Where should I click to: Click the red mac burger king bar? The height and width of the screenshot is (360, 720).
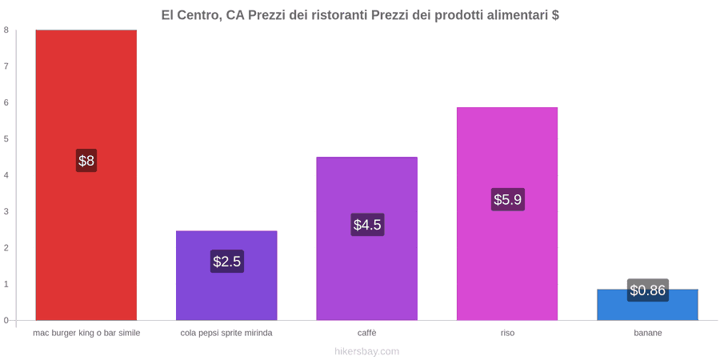click(86, 175)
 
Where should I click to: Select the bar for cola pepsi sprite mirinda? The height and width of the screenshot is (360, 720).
click(226, 275)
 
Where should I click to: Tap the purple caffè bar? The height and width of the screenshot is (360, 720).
click(367, 238)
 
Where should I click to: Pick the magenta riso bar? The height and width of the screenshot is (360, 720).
click(507, 214)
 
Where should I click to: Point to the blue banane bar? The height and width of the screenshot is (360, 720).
click(647, 305)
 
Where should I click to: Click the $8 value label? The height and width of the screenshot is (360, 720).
click(86, 161)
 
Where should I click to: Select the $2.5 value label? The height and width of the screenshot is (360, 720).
click(227, 262)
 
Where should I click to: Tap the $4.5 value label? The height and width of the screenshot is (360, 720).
click(367, 225)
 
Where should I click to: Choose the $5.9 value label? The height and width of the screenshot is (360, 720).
click(507, 200)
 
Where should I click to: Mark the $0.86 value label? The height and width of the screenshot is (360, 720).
click(647, 290)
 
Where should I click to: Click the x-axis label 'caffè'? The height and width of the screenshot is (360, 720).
click(367, 333)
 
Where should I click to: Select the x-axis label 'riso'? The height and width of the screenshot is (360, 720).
click(507, 333)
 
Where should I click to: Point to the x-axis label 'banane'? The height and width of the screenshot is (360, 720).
click(648, 333)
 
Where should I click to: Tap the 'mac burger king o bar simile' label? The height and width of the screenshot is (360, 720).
click(86, 333)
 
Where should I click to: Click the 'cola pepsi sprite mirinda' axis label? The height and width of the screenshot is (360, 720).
click(226, 333)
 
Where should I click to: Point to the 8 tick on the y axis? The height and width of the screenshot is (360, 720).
click(7, 30)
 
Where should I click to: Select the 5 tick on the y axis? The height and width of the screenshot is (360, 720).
click(7, 138)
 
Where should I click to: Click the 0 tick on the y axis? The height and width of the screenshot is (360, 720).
click(7, 320)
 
